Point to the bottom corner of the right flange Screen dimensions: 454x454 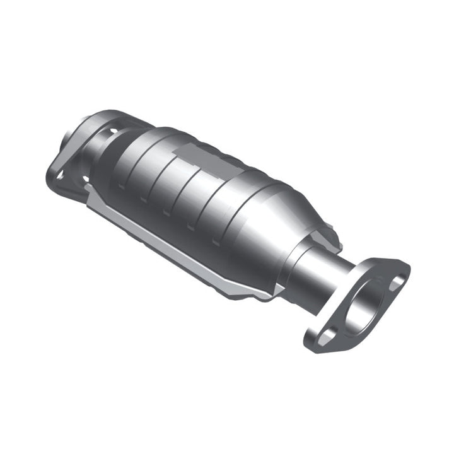[313, 348]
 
